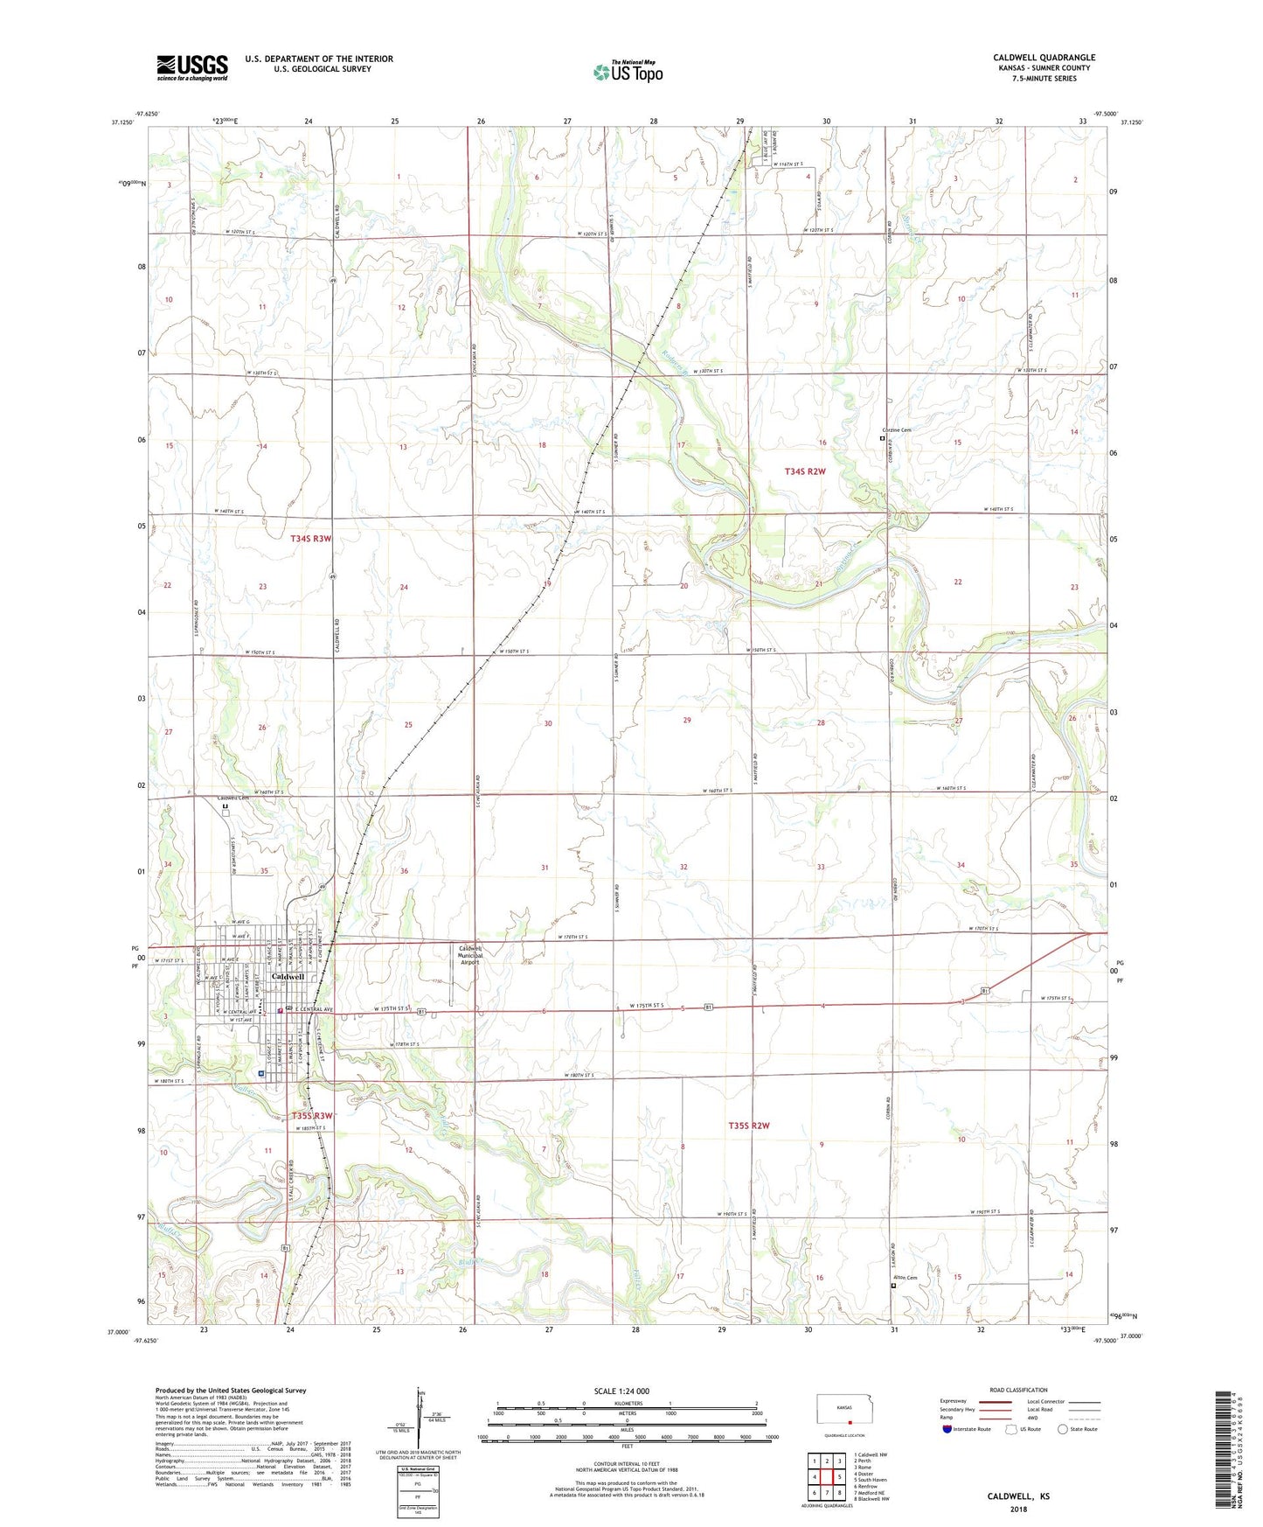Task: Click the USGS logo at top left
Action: point(192,66)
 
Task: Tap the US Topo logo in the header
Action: point(628,72)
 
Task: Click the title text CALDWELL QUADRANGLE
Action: point(1044,58)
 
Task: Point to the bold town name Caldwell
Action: point(288,976)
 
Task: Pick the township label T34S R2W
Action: point(804,471)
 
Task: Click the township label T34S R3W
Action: point(311,539)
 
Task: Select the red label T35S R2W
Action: point(748,1126)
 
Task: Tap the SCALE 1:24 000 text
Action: point(621,1391)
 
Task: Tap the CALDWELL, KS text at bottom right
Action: point(1018,1496)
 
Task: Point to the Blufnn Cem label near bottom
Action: point(906,1279)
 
